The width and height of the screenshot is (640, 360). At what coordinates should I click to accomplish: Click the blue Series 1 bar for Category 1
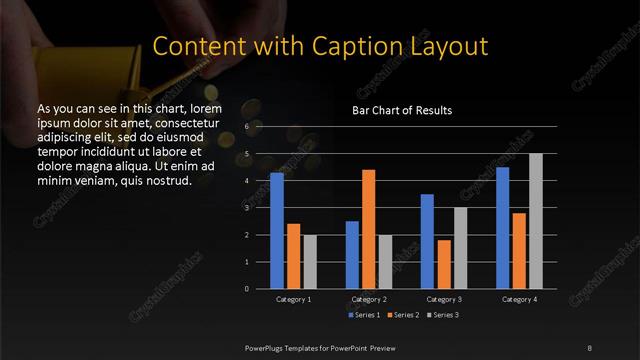277,231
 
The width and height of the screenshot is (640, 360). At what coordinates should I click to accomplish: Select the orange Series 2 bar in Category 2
368,229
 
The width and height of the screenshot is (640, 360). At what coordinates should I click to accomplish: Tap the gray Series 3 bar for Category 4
535,221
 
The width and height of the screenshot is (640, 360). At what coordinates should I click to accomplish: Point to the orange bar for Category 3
444,264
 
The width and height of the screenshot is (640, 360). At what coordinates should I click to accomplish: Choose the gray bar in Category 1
310,262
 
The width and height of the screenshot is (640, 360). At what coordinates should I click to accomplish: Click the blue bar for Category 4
502,228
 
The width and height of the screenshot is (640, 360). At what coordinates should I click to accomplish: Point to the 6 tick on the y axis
246,128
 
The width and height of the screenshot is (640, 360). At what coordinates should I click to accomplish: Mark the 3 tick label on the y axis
246,208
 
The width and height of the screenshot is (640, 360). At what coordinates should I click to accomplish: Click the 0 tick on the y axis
246,289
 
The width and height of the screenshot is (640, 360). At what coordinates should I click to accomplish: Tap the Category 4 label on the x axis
519,299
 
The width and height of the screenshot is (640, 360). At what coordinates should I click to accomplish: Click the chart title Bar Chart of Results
403,110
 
